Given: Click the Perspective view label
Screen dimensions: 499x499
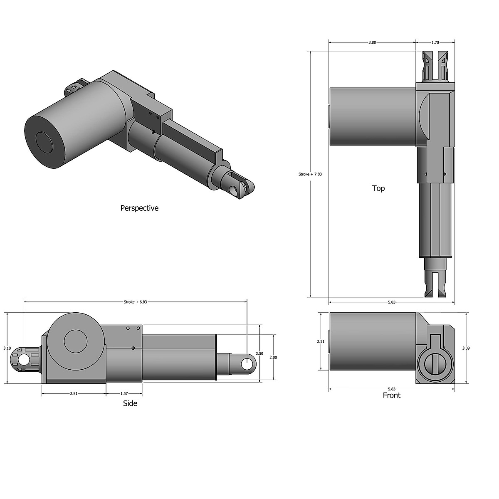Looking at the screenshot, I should [x=139, y=208].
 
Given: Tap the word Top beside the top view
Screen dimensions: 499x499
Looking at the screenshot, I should [x=378, y=188].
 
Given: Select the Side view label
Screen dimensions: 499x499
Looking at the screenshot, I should [x=130, y=403].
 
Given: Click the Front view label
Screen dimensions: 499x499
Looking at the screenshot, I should [x=391, y=395].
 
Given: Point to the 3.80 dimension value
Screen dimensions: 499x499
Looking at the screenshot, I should [x=372, y=42].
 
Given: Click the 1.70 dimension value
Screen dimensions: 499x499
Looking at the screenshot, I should [x=435, y=42].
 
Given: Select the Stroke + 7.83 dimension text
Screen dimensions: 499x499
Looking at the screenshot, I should [x=310, y=174].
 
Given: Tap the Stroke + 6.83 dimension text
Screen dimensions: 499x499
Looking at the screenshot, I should [x=136, y=302].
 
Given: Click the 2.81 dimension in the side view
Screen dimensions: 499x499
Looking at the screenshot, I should [x=74, y=393].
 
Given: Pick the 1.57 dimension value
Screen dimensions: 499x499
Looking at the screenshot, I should [x=124, y=393].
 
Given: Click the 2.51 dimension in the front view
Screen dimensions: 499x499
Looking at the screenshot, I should [x=320, y=341].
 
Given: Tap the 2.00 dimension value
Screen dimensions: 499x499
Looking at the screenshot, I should [x=273, y=357].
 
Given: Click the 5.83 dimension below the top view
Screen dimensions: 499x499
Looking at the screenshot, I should [x=391, y=302].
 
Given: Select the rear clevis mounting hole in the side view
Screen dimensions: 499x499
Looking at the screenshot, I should [x=24, y=360].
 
